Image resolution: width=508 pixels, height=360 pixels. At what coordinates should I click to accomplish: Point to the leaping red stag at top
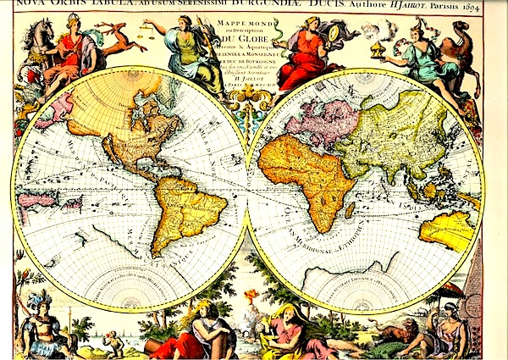119,35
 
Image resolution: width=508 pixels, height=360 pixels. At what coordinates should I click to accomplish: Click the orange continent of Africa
305,169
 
